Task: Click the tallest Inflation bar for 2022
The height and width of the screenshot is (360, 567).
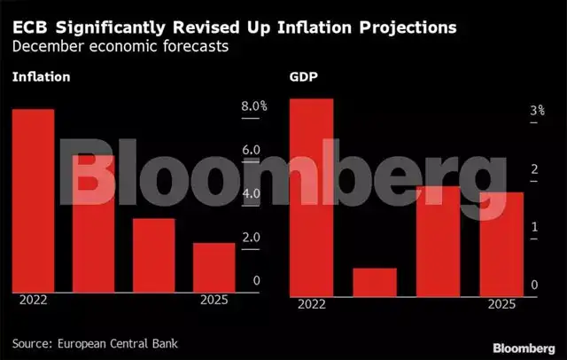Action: point(33,200)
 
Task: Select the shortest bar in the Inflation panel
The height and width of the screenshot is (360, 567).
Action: point(214,266)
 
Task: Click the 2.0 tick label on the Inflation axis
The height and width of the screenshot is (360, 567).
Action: point(250,238)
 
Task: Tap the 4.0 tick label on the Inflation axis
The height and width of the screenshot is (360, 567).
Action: point(250,193)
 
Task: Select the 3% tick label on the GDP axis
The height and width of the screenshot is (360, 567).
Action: point(537,112)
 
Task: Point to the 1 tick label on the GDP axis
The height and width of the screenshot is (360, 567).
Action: point(535,227)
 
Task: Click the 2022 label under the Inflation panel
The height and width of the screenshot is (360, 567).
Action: point(33,300)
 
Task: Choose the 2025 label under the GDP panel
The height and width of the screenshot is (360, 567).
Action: point(501,304)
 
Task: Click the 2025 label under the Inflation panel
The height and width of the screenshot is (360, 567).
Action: point(214,300)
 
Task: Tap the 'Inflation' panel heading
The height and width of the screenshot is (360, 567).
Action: point(41,77)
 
